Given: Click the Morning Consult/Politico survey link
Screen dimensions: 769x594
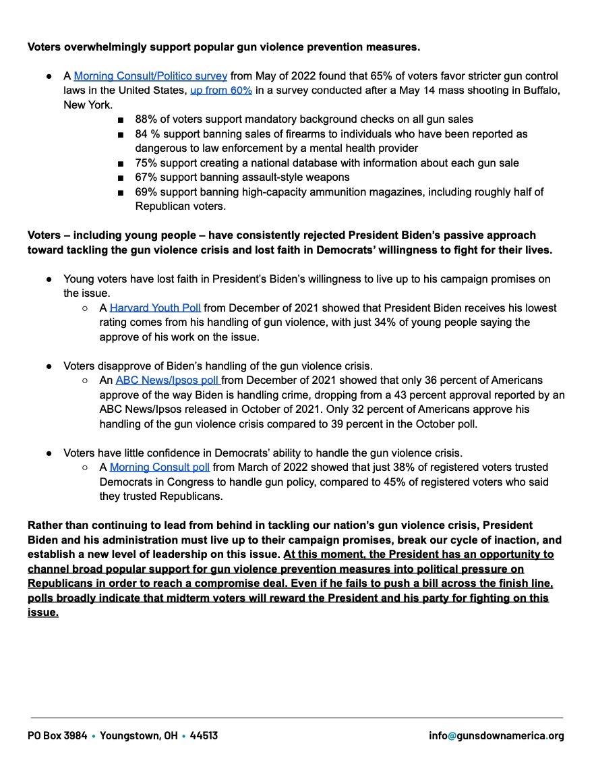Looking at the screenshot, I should click(x=150, y=76).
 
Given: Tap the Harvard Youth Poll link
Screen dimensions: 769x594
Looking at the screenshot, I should click(x=155, y=308).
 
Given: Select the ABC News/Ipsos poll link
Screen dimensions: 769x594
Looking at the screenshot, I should click(x=167, y=380).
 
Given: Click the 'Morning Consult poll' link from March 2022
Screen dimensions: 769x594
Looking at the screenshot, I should click(x=160, y=467).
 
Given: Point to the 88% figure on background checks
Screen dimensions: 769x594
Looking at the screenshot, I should click(x=146, y=119).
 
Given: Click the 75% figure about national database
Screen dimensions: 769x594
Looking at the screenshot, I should click(x=146, y=163).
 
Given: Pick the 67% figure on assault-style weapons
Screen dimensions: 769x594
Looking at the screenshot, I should click(x=146, y=177).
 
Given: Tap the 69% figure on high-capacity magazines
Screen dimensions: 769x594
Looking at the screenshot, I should click(x=146, y=192).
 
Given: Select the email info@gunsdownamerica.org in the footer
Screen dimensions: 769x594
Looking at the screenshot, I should click(x=496, y=735).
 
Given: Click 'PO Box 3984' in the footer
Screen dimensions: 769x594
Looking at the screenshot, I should click(x=57, y=735).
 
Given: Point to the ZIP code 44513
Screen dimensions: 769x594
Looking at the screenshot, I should click(x=204, y=735).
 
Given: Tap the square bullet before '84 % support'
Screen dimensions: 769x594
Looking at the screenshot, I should click(x=120, y=134).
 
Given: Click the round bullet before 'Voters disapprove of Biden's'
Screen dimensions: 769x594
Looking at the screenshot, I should click(x=50, y=366).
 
